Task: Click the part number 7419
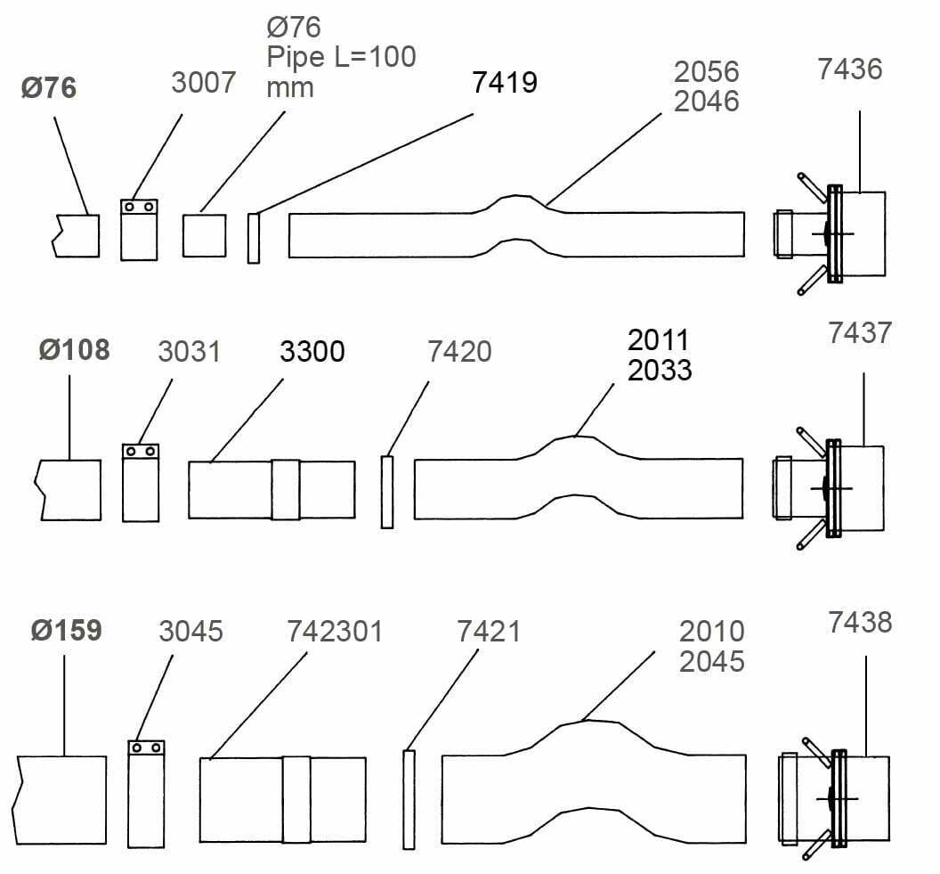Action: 504,82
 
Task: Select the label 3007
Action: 203,82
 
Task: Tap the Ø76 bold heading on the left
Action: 49,87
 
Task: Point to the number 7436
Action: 850,69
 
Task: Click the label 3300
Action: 312,352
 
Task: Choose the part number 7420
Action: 459,352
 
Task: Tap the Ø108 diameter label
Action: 75,350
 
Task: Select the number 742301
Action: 335,631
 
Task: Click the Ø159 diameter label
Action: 67,631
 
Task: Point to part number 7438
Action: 860,623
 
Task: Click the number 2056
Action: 706,72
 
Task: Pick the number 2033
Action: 660,370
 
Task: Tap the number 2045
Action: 711,661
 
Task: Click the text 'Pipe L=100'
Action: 341,57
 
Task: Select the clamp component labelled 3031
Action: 141,483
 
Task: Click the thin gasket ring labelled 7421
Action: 409,800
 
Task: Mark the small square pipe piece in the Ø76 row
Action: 205,235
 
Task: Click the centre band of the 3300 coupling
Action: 286,489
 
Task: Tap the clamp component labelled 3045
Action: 146,794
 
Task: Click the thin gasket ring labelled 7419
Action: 254,238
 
